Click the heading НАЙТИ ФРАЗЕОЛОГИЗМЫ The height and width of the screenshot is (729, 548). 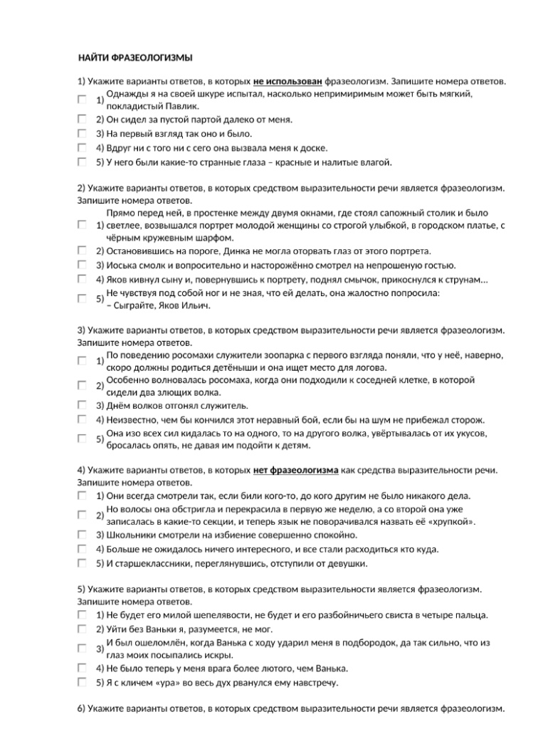135,58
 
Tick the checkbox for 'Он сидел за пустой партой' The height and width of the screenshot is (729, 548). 83,119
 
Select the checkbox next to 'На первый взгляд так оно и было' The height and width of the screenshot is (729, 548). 83,133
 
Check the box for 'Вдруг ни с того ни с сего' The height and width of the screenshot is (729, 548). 83,147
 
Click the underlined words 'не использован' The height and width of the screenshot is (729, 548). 288,82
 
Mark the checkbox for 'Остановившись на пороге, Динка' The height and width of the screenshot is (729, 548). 83,251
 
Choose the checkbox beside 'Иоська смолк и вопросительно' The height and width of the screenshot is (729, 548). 83,265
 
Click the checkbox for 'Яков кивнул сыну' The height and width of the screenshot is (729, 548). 83,279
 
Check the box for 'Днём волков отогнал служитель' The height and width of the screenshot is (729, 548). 83,405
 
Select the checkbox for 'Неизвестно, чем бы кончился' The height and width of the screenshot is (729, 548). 83,419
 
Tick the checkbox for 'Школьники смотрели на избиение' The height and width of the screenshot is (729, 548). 83,535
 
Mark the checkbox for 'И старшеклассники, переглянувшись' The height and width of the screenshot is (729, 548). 83,563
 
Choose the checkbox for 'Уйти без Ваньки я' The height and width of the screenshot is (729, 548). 83,629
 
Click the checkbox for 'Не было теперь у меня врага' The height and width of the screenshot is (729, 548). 83,668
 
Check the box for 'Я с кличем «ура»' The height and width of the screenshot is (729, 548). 83,683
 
